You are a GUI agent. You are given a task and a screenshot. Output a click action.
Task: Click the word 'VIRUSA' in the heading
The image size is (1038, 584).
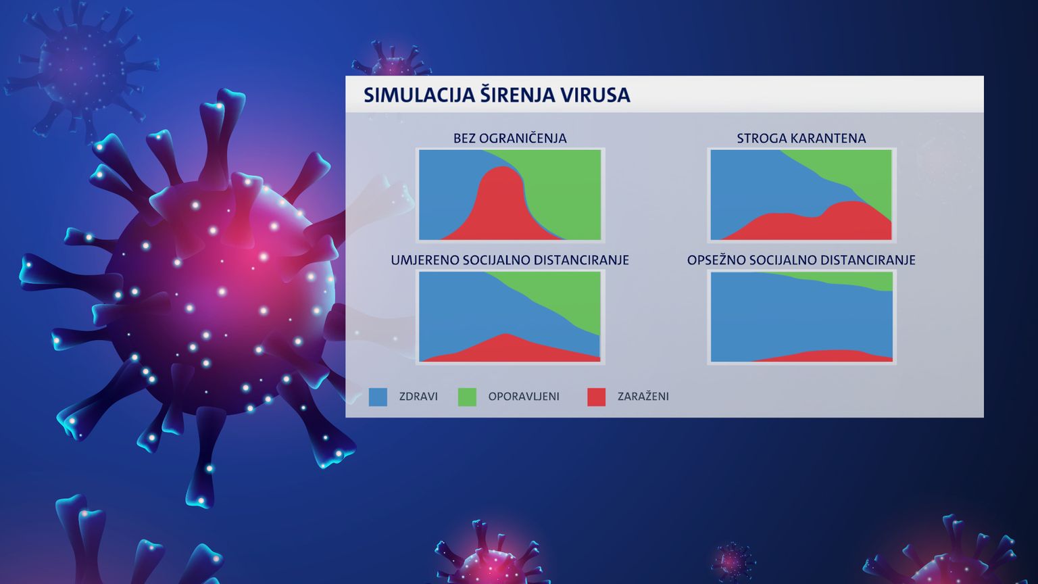point(595,95)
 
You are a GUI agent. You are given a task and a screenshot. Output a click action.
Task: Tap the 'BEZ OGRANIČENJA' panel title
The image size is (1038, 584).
point(510,138)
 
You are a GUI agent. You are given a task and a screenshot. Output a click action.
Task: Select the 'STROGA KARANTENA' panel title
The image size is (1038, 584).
point(801,138)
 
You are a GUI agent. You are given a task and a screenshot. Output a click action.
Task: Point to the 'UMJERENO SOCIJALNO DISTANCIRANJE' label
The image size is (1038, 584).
point(510,260)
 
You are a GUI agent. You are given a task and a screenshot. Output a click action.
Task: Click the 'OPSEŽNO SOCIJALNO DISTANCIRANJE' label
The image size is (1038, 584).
point(801,260)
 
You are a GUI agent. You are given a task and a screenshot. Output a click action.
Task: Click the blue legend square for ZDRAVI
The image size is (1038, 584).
point(378,397)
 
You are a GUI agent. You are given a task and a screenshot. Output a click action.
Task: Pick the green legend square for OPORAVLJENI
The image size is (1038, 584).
point(467,397)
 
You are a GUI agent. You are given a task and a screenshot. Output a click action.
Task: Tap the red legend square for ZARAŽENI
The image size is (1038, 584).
point(597,397)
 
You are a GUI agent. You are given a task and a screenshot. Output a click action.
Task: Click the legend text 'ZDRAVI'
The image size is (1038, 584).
point(418,397)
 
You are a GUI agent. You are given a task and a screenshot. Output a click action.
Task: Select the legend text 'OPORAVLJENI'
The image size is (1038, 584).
point(524,397)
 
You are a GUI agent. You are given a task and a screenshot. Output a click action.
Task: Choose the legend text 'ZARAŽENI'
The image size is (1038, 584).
point(643,396)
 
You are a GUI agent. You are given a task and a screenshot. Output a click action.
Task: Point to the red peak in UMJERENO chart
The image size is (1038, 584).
point(506,335)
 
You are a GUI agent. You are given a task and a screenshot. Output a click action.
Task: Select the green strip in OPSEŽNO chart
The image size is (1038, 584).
point(853,279)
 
